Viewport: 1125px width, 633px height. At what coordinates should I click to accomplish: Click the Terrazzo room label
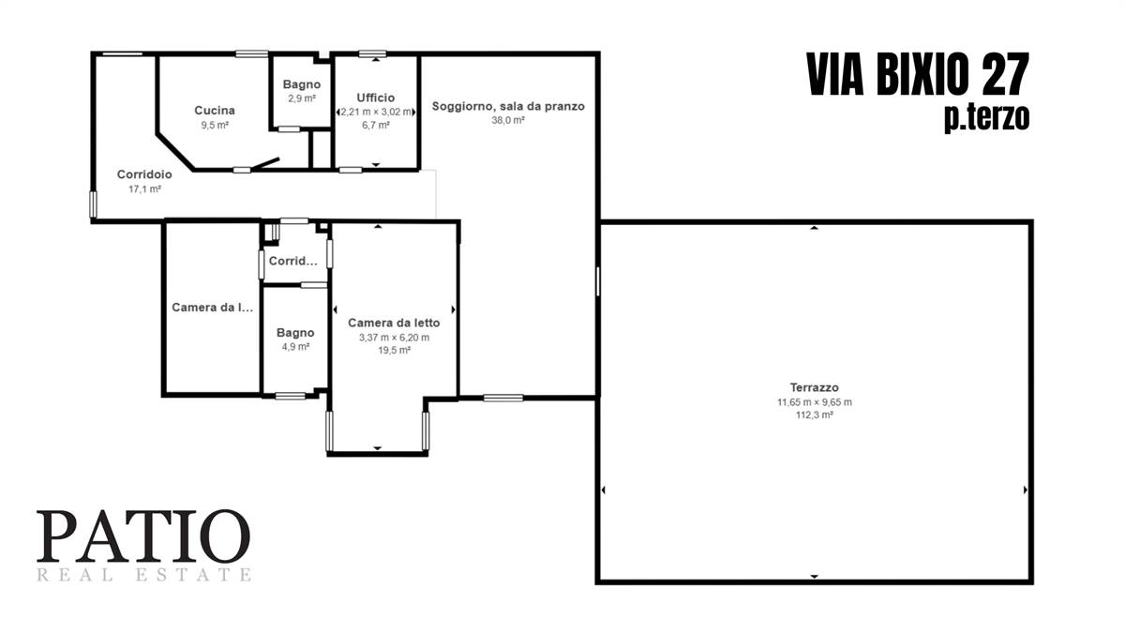(x=814, y=387)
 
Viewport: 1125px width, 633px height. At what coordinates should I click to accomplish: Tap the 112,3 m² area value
(x=814, y=414)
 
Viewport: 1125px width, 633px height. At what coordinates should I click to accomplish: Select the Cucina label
(x=215, y=110)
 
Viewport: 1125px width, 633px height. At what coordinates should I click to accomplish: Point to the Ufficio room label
(x=376, y=98)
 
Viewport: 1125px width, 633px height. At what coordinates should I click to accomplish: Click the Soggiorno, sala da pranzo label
(x=508, y=107)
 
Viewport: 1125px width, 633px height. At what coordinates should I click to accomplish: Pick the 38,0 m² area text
(x=508, y=120)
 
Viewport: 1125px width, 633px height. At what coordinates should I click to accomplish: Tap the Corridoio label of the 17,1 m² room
(x=144, y=174)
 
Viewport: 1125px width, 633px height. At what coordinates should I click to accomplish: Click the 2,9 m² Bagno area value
(x=302, y=98)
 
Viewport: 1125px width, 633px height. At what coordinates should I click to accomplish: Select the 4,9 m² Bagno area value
(x=295, y=347)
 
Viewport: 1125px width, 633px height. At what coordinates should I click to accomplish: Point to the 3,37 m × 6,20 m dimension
(x=395, y=338)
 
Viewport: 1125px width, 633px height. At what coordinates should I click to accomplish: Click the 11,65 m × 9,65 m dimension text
(x=814, y=402)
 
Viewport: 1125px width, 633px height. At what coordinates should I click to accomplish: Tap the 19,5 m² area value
(x=395, y=350)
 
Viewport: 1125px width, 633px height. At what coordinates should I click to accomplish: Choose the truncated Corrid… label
(x=293, y=261)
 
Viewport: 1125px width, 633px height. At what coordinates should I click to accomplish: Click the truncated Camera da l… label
(x=213, y=307)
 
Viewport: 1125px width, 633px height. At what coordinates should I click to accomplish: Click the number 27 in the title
(x=1004, y=74)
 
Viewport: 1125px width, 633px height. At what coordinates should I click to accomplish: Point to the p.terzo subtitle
(x=987, y=118)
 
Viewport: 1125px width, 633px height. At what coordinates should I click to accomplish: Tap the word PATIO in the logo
(x=143, y=536)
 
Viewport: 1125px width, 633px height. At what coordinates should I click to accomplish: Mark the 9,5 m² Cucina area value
(x=215, y=125)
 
